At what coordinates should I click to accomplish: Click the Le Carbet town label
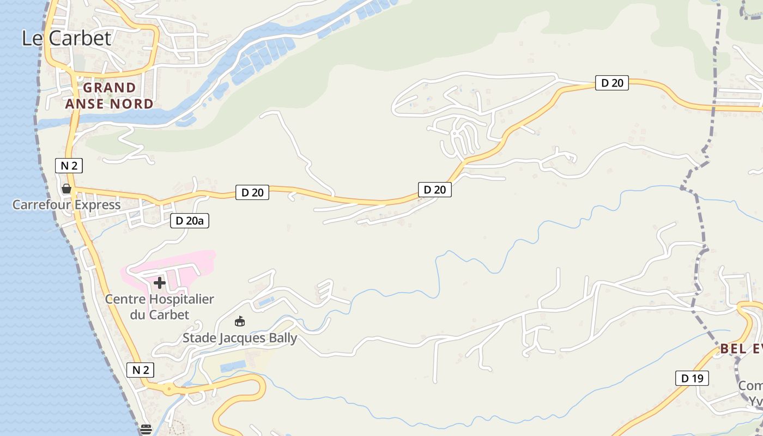pos(66,38)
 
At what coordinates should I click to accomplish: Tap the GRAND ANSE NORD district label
pos(109,95)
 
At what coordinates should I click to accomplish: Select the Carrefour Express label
pos(66,205)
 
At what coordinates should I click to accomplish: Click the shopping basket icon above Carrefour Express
pos(66,189)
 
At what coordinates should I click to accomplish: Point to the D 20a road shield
pos(190,221)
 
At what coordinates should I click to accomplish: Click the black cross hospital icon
pos(159,283)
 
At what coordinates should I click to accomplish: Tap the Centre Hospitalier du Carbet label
pos(159,306)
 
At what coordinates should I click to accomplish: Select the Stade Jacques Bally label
pos(240,338)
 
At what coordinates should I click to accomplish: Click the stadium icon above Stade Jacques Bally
pos(239,321)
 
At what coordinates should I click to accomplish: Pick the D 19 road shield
pos(692,378)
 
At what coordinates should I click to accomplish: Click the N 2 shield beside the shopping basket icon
pos(69,166)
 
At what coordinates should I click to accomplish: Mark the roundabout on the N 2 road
pos(169,389)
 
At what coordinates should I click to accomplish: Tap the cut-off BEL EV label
pos(741,349)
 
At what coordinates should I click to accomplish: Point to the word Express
pos(97,205)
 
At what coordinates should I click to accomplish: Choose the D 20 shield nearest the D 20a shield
pos(252,192)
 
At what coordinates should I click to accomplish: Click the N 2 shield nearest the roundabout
pos(140,370)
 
